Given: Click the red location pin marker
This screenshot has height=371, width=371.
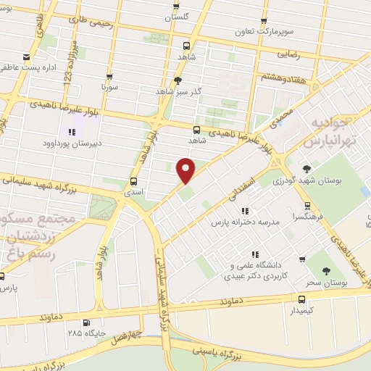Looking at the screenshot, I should point(185,170).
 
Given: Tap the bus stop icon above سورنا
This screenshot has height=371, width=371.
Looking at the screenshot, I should point(109,75).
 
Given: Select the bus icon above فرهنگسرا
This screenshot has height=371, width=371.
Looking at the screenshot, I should point(308,205).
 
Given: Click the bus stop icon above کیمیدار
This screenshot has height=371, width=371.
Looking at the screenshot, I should point(302,299).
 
